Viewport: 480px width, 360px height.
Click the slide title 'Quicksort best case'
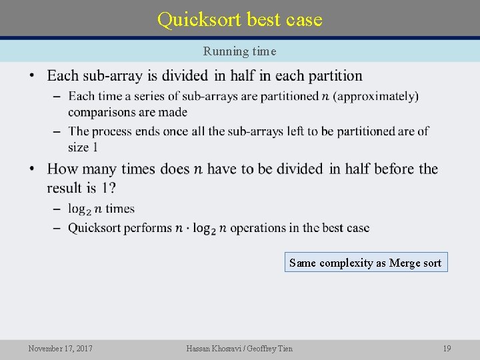click(x=239, y=19)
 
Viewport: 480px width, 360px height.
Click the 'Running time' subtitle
click(x=239, y=51)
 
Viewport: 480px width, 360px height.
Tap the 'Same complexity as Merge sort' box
click(x=365, y=263)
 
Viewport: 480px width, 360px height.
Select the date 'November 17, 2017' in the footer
click(x=61, y=348)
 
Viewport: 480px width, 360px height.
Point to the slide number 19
click(x=447, y=348)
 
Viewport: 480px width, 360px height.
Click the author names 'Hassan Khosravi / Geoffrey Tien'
click(x=239, y=348)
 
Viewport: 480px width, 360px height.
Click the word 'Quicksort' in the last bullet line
click(x=95, y=227)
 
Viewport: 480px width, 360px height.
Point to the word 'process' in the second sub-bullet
click(x=112, y=131)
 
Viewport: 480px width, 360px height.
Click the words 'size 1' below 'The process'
click(x=83, y=147)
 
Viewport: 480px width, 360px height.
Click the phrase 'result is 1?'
click(x=82, y=187)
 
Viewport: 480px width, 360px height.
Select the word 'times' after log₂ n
click(x=120, y=209)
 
